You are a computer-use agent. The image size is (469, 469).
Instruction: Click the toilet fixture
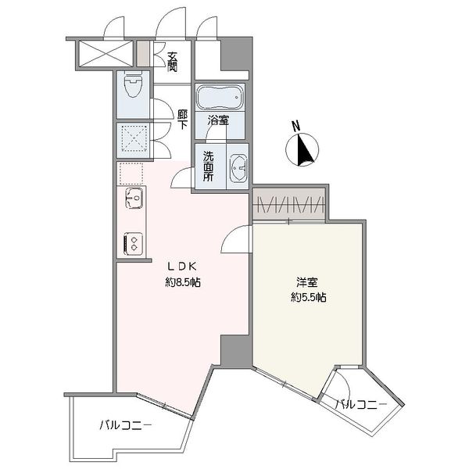click(133, 85)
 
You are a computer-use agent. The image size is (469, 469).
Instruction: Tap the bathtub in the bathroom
click(220, 98)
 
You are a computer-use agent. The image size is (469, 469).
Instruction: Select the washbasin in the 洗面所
click(238, 168)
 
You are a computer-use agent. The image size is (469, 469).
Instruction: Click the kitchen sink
click(134, 198)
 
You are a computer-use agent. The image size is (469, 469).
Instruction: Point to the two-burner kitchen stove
click(134, 244)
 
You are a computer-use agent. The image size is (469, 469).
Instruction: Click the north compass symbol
click(302, 149)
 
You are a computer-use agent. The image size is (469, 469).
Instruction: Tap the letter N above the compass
click(295, 126)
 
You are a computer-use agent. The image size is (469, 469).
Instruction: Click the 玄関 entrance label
click(172, 62)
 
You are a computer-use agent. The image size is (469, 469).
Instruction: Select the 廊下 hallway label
click(182, 120)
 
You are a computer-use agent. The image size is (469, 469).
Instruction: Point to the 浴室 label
click(218, 121)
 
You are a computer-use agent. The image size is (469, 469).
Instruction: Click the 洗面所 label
click(208, 166)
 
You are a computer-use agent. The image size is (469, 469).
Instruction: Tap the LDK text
click(181, 267)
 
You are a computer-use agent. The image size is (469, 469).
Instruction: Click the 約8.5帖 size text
click(183, 282)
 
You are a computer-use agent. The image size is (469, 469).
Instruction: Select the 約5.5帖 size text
click(309, 297)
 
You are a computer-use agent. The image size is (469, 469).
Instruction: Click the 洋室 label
click(307, 281)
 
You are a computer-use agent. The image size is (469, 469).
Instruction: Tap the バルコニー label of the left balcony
click(126, 425)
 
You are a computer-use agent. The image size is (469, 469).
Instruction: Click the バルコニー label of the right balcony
click(360, 405)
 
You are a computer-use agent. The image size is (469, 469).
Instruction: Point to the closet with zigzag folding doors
click(289, 204)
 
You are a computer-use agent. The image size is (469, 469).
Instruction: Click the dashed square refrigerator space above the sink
click(131, 174)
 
